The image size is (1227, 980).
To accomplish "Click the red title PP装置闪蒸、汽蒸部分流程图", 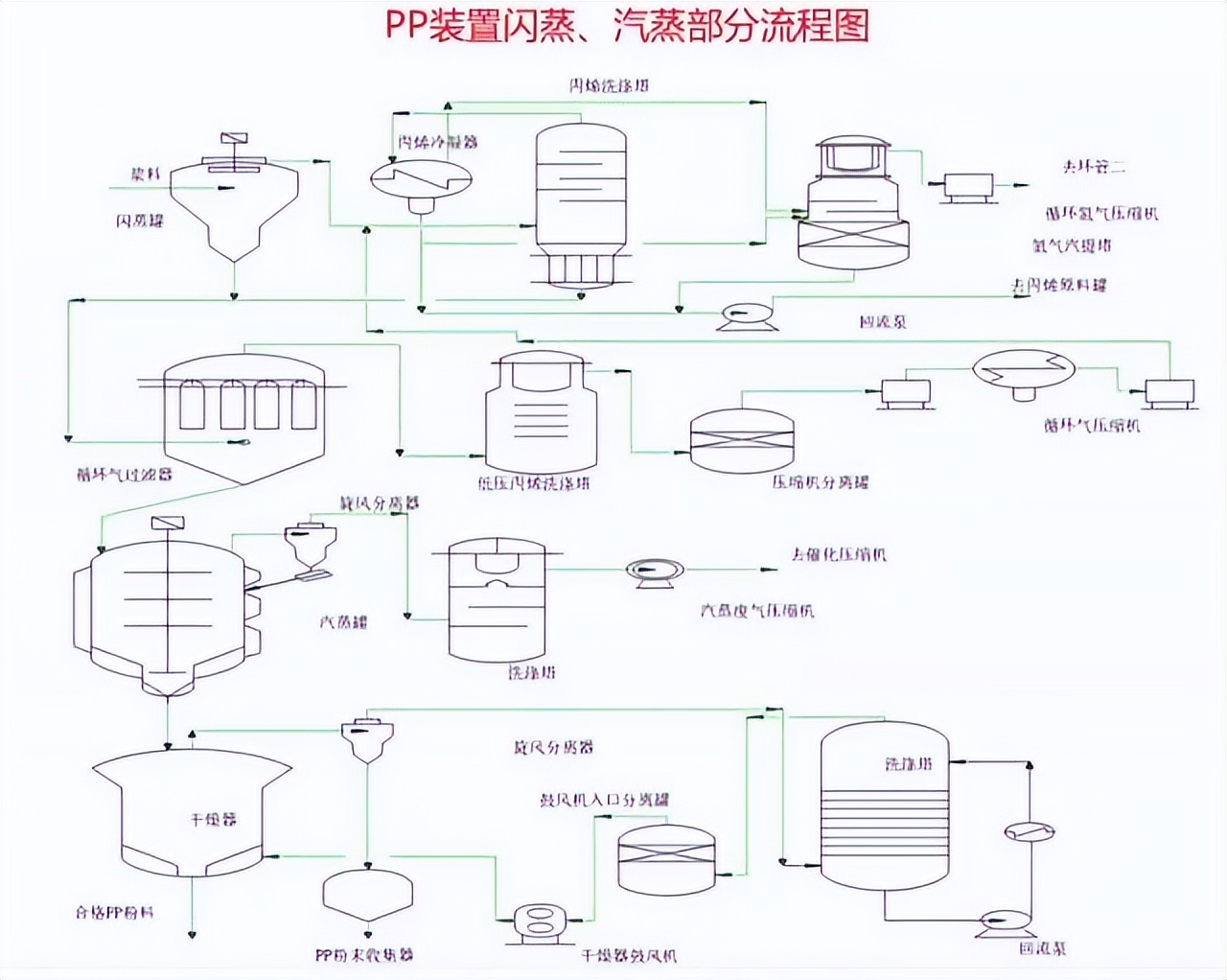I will pos(628,26).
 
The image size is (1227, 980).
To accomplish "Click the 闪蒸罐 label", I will pos(141,222).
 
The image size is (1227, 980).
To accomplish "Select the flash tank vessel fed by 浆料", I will pos(234,206).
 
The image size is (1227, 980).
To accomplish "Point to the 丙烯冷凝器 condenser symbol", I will pos(420,178).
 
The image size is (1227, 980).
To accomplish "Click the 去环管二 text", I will pos(1093,166).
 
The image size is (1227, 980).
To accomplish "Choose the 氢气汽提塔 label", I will pos(1072,245).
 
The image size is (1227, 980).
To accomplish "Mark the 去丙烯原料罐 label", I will pos(1059,285).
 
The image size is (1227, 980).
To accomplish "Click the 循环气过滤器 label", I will pos(125,473).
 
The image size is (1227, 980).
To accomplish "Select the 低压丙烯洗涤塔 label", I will pos(534,483).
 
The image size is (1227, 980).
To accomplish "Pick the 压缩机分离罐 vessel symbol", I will pos(742,441).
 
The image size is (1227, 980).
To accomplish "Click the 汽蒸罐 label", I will pos(343,621).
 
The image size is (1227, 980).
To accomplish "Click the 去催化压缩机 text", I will pos(839,554).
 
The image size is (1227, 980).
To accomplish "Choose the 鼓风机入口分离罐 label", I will pos(605,799).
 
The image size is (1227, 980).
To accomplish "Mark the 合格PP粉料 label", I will pos(115,912).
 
